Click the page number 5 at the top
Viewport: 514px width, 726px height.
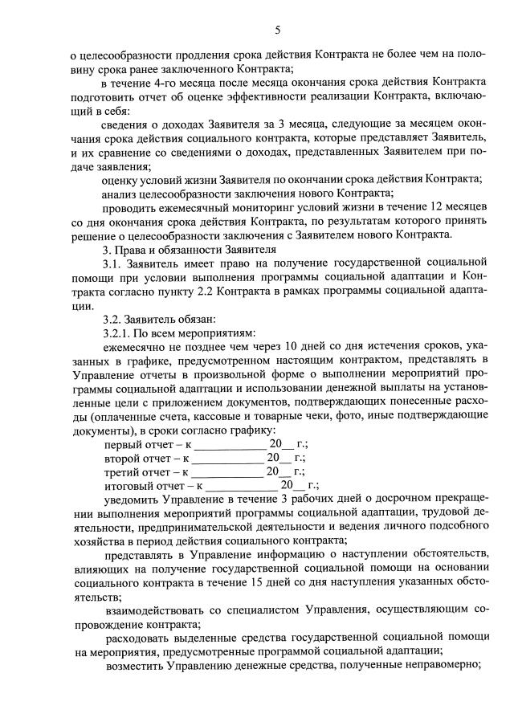point(278,30)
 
